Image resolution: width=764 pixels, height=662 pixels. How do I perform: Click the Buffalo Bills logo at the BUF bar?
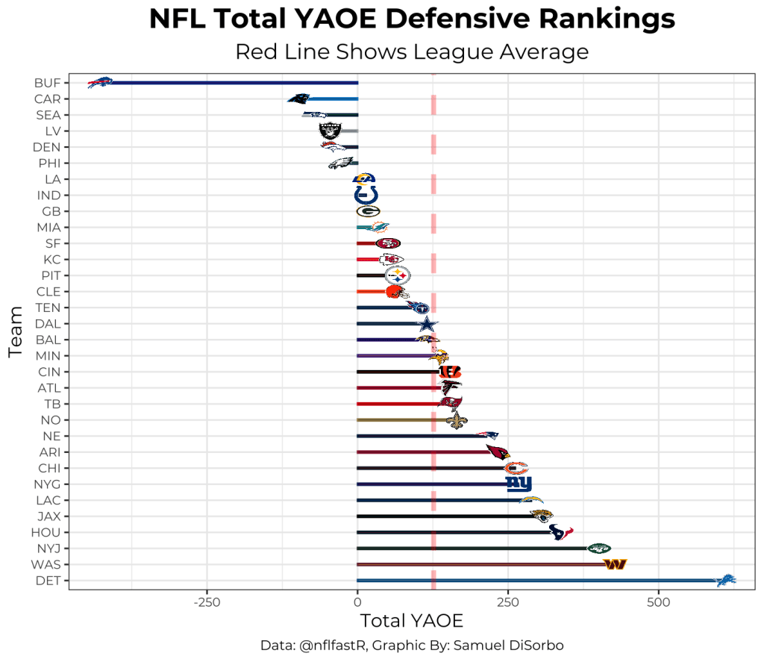100,82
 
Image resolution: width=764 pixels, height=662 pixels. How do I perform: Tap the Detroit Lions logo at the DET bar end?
725,580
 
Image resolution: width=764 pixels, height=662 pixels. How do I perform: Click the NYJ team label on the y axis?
47,548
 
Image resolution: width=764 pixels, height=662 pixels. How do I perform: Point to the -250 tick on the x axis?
207,602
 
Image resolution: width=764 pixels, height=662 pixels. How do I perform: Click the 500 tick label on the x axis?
658,602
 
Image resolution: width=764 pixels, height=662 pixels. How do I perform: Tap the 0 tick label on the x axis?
357,602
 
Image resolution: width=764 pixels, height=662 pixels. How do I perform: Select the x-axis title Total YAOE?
411,621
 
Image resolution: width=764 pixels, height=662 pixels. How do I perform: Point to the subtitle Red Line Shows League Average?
411,51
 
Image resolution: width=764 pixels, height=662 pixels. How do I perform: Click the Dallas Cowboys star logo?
427,324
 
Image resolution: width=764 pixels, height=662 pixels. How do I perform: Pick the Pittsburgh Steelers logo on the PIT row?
397,275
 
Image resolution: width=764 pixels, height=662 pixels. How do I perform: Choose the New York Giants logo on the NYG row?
519,484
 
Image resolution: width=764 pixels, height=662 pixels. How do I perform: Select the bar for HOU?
455,532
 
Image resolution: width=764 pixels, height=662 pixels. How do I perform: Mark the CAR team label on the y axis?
48,99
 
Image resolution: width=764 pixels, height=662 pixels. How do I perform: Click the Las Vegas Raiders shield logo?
329,131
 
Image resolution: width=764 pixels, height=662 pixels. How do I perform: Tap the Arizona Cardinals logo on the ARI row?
498,452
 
